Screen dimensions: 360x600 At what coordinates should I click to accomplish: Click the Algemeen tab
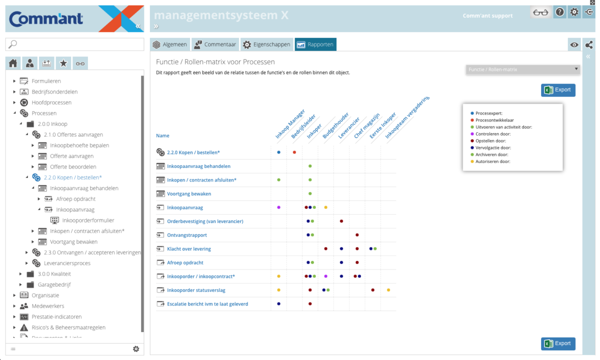(x=170, y=44)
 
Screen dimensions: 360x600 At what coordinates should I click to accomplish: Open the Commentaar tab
(x=214, y=44)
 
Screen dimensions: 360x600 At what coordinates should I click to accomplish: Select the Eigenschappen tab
(x=266, y=44)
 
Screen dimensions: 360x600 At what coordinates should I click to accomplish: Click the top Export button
(x=558, y=90)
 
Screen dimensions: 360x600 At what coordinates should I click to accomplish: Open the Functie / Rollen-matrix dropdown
(x=523, y=69)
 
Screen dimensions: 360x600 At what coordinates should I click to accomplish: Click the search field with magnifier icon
(x=74, y=44)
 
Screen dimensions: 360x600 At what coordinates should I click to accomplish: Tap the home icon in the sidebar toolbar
(x=13, y=63)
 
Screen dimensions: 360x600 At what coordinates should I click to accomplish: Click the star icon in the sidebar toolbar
(x=63, y=63)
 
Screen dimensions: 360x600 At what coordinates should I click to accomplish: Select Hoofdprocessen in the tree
(x=51, y=102)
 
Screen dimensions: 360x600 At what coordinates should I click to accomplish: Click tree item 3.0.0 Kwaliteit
(x=54, y=274)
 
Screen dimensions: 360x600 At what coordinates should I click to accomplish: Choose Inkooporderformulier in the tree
(x=88, y=220)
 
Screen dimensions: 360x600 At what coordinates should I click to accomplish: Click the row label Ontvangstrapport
(x=187, y=235)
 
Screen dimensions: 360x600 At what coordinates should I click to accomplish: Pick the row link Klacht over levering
(x=189, y=249)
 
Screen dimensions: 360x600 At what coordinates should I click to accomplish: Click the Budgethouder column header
(x=335, y=125)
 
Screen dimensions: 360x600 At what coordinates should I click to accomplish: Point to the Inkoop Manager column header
(x=289, y=123)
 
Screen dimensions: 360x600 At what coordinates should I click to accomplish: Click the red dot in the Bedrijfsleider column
(x=294, y=152)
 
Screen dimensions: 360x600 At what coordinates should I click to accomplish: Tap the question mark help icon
(x=560, y=12)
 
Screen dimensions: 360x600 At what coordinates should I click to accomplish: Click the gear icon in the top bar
(x=574, y=12)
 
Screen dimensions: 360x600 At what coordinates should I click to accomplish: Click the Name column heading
(x=162, y=135)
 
